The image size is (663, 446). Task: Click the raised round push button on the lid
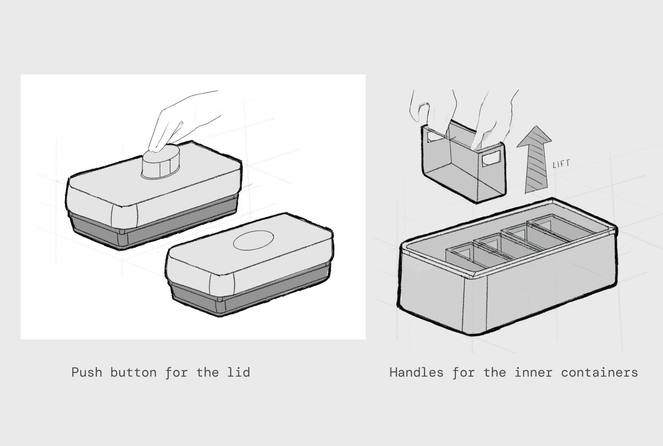161,162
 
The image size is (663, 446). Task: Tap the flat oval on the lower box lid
253,240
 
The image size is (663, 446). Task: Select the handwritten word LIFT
562,164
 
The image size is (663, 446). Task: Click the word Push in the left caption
87,372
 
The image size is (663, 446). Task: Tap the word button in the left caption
134,372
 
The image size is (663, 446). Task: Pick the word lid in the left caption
239,372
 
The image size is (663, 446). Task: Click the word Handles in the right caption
416,372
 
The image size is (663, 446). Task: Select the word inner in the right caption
534,372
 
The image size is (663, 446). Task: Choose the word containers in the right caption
600,372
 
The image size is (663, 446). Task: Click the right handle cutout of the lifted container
491,158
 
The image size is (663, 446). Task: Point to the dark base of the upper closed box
154,225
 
